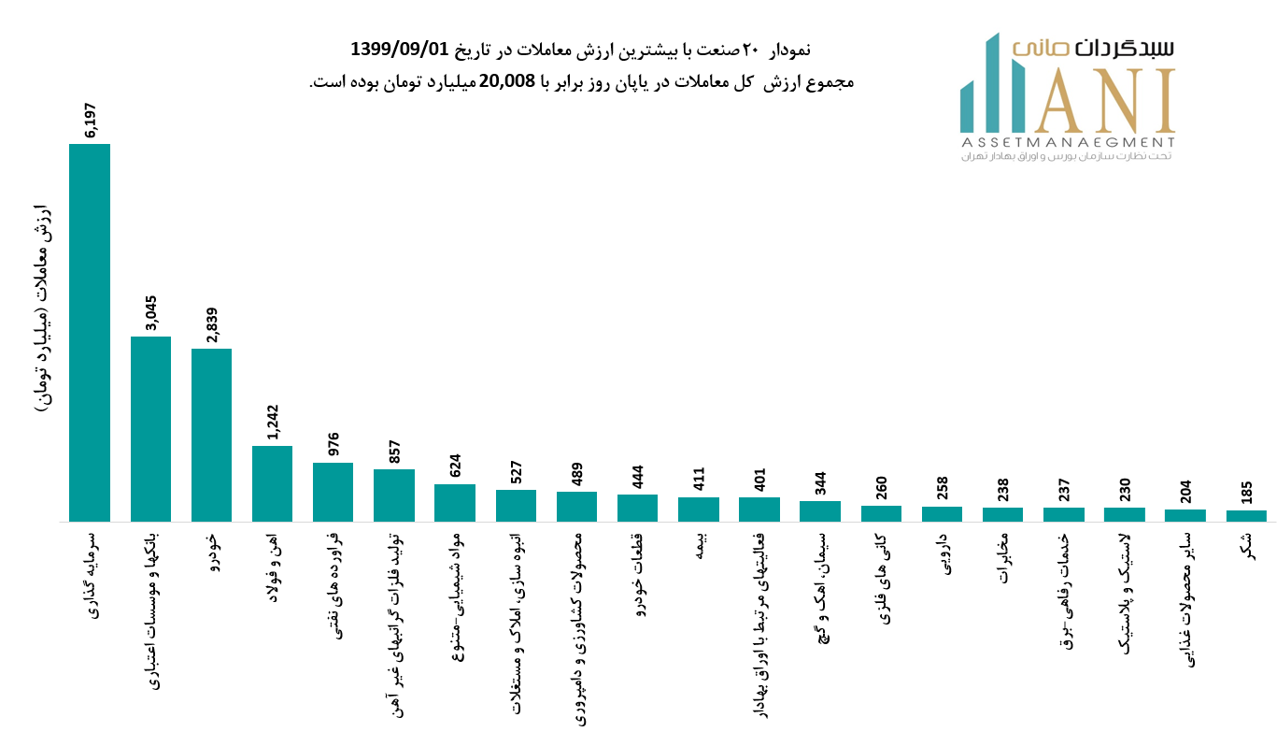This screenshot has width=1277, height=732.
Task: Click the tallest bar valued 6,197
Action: (x=90, y=333)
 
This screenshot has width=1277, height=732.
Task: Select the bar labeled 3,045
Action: (x=150, y=429)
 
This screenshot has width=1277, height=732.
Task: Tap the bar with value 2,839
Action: (x=211, y=435)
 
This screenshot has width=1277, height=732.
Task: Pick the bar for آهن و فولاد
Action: (x=272, y=483)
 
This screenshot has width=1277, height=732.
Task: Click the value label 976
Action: (x=333, y=444)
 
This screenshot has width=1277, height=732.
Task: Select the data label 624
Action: (x=455, y=466)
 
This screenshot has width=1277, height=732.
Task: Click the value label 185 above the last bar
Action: (x=1246, y=493)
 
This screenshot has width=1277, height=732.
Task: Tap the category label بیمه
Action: (x=699, y=548)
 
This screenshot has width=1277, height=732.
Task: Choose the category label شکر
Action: (x=1247, y=546)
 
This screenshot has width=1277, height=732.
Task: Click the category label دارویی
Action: (x=943, y=553)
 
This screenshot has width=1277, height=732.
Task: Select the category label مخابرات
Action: (x=1003, y=558)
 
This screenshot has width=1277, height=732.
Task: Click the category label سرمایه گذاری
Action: (x=91, y=574)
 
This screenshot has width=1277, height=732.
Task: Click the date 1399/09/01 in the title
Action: (x=399, y=49)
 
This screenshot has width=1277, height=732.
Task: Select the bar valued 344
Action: (x=820, y=511)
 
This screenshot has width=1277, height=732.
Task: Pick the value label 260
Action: (x=881, y=488)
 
